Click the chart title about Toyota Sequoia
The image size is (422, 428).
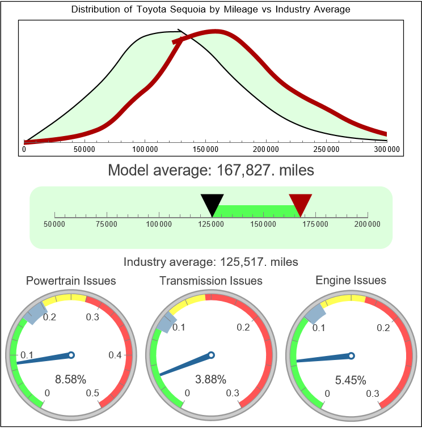tap(211, 10)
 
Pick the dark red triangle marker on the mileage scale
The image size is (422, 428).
tap(301, 203)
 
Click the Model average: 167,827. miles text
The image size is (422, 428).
tap(211, 170)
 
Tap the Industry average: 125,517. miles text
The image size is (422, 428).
tap(211, 262)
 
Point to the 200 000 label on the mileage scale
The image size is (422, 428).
tap(368, 224)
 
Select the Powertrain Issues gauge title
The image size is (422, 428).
tap(71, 281)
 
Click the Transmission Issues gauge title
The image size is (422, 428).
tap(211, 281)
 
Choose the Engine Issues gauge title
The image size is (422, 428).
tap(351, 280)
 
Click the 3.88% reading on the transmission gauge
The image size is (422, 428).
tap(211, 379)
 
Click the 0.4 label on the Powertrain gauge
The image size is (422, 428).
tap(116, 355)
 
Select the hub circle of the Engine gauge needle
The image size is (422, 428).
tap(351, 355)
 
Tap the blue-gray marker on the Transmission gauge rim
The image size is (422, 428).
tap(164, 324)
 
